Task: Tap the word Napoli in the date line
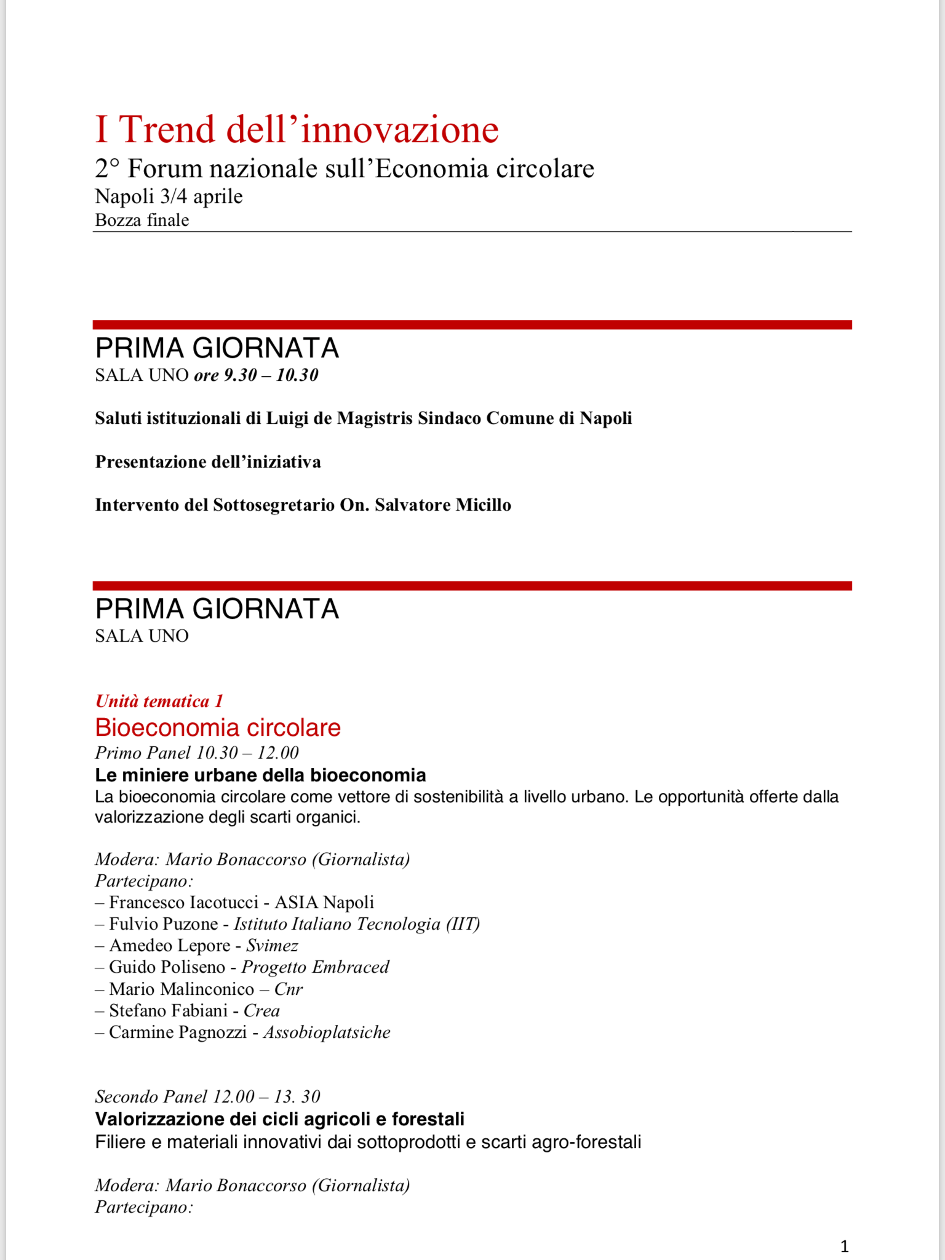[x=124, y=196]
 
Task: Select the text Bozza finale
[x=142, y=220]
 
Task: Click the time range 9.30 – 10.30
[x=271, y=375]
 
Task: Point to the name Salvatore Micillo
[x=443, y=505]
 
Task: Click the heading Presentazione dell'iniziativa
[x=208, y=462]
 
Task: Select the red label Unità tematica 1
[x=159, y=701]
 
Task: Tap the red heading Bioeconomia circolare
[x=218, y=728]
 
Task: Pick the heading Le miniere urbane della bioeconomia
[x=260, y=775]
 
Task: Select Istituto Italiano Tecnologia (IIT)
[x=357, y=924]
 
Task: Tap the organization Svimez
[x=272, y=946]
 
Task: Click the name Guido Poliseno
[x=167, y=967]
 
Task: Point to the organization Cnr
[x=289, y=989]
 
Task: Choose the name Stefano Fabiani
[x=168, y=1011]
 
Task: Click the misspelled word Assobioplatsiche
[x=327, y=1032]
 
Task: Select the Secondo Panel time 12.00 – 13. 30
[x=266, y=1097]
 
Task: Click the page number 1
[x=844, y=1246]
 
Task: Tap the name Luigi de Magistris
[x=339, y=418]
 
